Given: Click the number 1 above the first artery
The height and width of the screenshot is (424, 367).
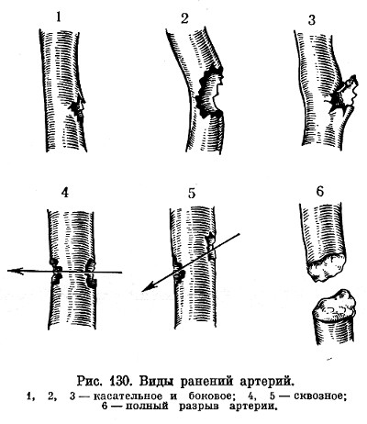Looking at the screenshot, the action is click(59, 17).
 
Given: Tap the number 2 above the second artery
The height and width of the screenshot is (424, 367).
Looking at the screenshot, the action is click(184, 18).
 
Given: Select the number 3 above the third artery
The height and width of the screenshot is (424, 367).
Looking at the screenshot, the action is click(311, 20).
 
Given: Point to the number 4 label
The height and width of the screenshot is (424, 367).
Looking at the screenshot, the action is click(65, 193).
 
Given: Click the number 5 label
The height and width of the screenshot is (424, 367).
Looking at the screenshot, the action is click(192, 194).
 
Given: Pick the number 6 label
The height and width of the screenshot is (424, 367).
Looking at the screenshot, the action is click(319, 192).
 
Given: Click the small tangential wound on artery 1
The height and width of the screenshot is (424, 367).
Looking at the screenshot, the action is click(78, 109).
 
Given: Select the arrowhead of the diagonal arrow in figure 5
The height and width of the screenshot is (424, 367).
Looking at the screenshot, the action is click(148, 287).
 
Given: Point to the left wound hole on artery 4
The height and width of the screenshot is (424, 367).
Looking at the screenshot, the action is click(55, 272).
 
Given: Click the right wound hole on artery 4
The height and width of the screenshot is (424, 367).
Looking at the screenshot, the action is click(91, 273).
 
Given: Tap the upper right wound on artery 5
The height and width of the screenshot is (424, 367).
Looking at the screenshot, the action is click(211, 247).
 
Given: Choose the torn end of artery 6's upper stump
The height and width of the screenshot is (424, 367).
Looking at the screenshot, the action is click(328, 267).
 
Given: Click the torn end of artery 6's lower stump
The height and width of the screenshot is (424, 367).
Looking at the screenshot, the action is click(335, 305).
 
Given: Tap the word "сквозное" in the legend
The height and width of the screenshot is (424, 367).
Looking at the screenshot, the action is click(319, 396).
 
